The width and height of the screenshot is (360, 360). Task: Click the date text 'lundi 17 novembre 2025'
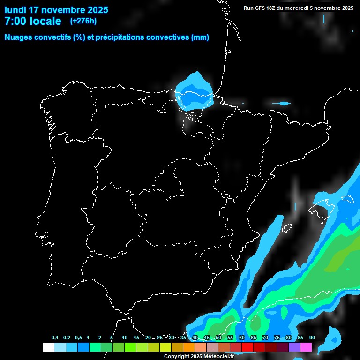click(56, 10)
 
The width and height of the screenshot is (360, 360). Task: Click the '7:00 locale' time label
click(33, 21)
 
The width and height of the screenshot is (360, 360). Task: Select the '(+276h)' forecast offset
click(83, 21)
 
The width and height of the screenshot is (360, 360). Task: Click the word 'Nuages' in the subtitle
click(19, 37)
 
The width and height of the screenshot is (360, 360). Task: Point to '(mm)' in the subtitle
click(200, 37)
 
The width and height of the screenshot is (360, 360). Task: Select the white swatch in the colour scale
click(48, 347)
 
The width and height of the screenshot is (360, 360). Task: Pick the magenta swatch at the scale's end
click(306, 347)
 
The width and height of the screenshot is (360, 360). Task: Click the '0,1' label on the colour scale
click(55, 338)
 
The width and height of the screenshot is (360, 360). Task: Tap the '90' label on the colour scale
click(312, 338)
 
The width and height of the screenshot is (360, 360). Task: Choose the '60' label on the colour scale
click(241, 338)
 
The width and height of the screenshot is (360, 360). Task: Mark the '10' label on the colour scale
click(124, 338)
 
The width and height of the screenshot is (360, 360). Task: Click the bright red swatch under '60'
click(247, 347)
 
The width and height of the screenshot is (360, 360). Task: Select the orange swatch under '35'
click(189, 347)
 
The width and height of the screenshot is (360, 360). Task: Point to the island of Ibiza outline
click(287, 228)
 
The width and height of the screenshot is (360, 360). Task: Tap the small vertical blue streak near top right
click(323, 19)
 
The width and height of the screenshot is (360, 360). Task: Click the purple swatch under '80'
click(294, 347)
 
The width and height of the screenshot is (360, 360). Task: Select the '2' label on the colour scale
click(100, 338)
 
